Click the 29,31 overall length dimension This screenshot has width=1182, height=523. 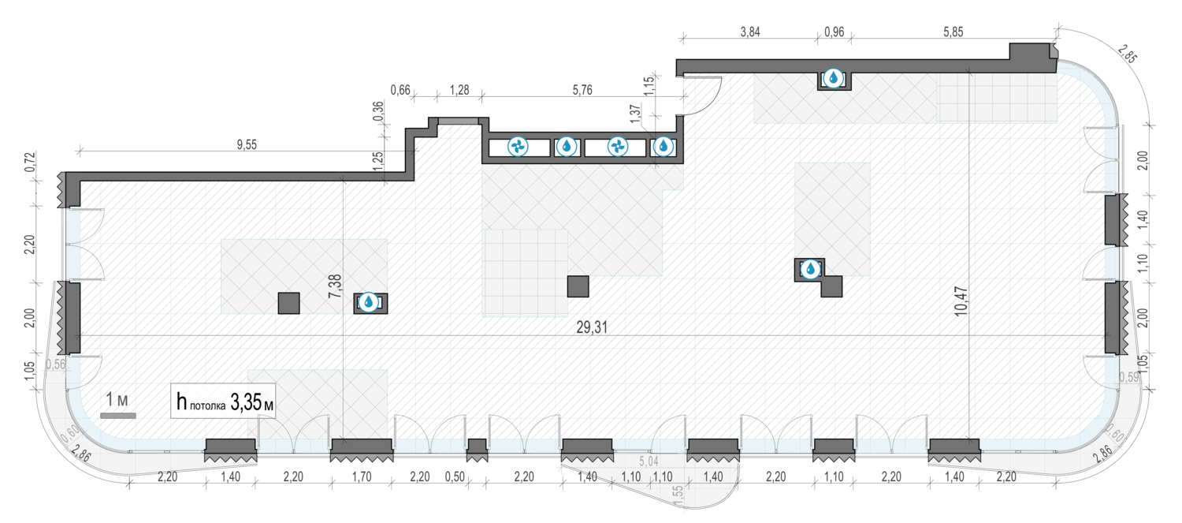[592, 327]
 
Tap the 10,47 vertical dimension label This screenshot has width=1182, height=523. [961, 301]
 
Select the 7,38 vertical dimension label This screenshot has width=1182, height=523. [335, 286]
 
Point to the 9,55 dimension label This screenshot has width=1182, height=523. [247, 144]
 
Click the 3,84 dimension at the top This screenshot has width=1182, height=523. [750, 32]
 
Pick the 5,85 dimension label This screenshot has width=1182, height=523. [953, 32]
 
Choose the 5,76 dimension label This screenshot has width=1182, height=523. [582, 90]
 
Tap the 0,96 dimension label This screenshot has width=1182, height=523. [834, 32]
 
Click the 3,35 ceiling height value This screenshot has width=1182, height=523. [245, 402]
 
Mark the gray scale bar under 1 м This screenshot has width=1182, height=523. [118, 416]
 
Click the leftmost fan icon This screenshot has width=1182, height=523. [518, 147]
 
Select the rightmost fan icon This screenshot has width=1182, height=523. [617, 147]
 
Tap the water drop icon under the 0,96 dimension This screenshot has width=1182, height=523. [833, 78]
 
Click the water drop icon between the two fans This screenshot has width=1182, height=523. [567, 147]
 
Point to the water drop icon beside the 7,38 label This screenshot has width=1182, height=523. [369, 303]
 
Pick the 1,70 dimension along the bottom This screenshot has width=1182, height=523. [362, 476]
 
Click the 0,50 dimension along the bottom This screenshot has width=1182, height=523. [455, 476]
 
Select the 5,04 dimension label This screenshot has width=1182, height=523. [649, 462]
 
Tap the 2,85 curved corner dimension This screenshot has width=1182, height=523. [1127, 54]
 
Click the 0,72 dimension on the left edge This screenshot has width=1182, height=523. [30, 162]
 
